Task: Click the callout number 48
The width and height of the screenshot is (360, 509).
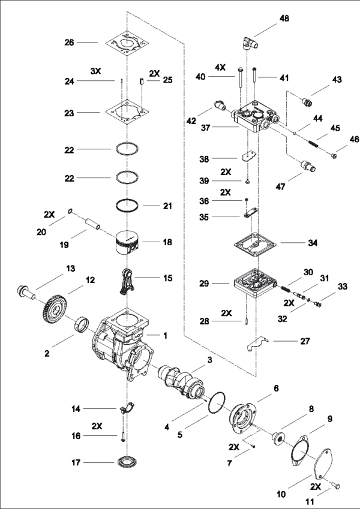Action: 284,19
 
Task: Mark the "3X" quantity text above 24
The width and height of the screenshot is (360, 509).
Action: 96,71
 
